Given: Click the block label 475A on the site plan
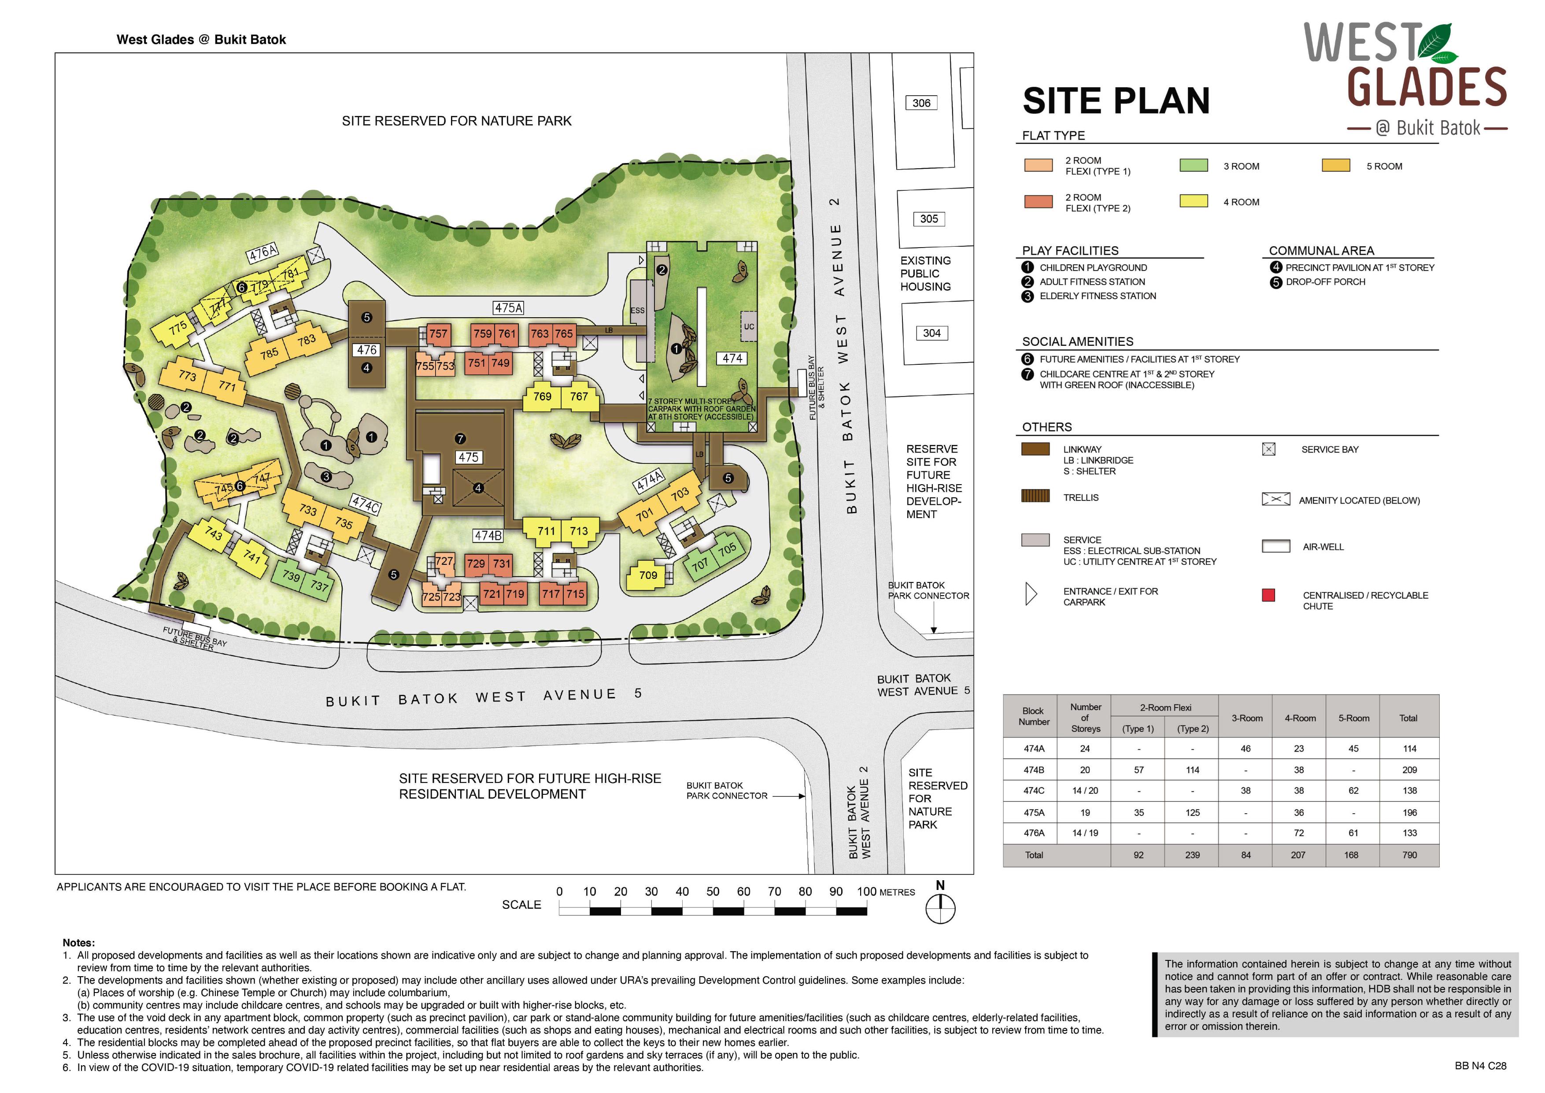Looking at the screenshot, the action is click(508, 308).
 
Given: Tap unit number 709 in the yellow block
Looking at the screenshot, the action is click(648, 575).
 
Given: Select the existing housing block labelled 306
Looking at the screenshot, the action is click(921, 103).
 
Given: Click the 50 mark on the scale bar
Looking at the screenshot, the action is click(713, 891).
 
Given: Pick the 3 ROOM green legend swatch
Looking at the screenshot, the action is click(1193, 166).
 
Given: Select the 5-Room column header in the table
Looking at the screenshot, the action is click(1353, 718).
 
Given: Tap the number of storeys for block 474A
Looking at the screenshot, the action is click(1085, 748).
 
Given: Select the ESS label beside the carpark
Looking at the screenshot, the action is click(637, 310).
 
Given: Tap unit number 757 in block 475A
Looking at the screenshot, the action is click(438, 334).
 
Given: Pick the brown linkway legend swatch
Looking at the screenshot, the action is click(1035, 449).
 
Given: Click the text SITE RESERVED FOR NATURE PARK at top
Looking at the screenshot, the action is click(456, 121).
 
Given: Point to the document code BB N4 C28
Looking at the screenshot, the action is click(1480, 1066).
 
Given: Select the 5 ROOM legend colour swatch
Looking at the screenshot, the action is click(1336, 166).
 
